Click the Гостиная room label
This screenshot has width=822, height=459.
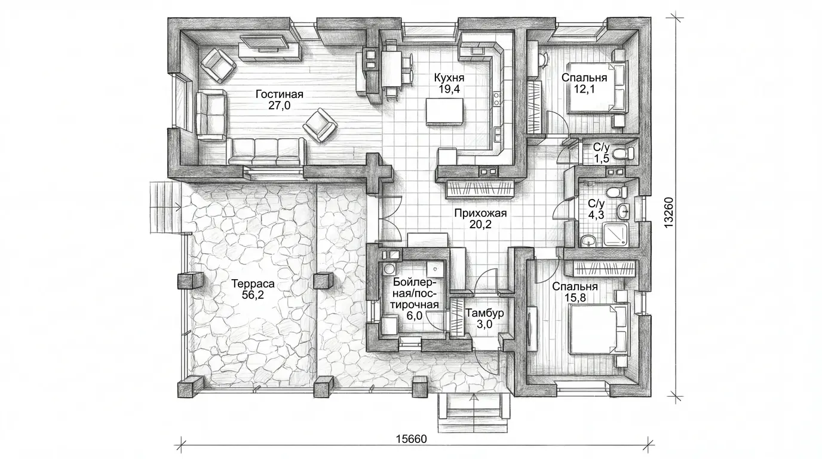(279, 94)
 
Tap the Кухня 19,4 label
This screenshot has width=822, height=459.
(449, 83)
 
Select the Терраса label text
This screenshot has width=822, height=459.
(253, 284)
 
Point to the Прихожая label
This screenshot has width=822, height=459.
(480, 213)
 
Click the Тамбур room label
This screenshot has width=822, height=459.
(484, 313)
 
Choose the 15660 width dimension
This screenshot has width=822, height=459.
(412, 439)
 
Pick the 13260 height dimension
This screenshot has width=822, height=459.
(669, 212)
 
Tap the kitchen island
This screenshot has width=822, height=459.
(444, 112)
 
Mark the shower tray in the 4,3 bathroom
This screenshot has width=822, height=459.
(616, 234)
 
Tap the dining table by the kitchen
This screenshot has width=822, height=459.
(391, 69)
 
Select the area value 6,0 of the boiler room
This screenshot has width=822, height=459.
(415, 316)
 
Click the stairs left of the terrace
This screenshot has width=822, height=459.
(165, 207)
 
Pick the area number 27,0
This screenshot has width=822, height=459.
(279, 106)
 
